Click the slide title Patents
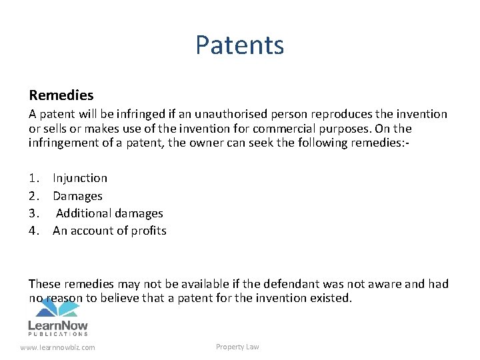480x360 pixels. coord(239,45)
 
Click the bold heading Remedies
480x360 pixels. coord(61,95)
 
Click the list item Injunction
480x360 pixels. coord(80,178)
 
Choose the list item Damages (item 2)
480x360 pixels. coord(77,196)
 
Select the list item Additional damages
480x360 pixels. coord(109,213)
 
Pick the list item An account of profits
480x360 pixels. coord(109,231)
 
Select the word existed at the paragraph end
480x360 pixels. coord(329,298)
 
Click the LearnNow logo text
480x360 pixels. coord(58,325)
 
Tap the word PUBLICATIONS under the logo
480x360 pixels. coord(58,334)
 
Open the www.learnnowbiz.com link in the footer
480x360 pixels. coord(57,347)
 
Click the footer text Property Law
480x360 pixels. coord(237,347)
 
